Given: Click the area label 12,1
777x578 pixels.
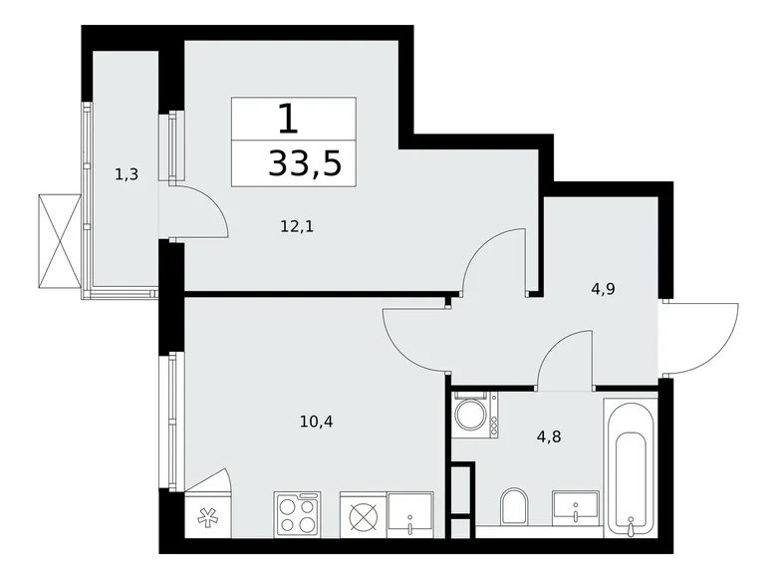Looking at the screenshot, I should (x=296, y=226).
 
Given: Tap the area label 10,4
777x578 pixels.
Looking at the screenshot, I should (x=315, y=422).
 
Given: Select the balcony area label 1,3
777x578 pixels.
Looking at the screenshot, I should (x=126, y=175).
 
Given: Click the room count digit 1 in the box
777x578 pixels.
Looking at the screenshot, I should (x=288, y=121).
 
